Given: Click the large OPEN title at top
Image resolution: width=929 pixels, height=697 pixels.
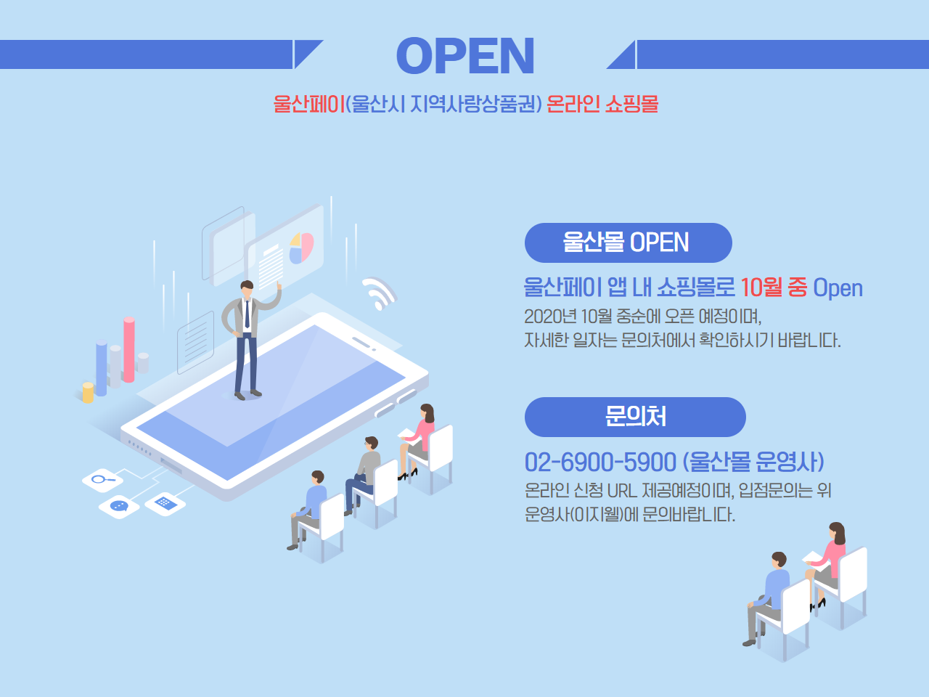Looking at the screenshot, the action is (x=465, y=55).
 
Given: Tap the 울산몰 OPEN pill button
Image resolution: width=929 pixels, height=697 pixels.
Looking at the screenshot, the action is (x=628, y=242).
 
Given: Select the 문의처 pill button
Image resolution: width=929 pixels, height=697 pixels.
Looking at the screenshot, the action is (x=635, y=417).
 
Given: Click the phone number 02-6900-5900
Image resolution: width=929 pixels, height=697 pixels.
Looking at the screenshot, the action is (x=600, y=462).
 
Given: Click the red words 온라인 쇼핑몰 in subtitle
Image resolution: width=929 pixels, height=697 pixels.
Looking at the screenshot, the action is (x=602, y=104).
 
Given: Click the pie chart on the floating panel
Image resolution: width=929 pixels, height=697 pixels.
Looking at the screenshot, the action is (x=301, y=248).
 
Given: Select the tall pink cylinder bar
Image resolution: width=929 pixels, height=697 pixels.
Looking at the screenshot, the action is (x=129, y=349).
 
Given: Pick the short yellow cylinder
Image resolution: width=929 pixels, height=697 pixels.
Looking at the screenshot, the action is (x=88, y=393).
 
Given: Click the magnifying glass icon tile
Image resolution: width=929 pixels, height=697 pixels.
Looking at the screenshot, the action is (x=103, y=480).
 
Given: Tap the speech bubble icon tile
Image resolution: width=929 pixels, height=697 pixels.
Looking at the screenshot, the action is (x=119, y=507).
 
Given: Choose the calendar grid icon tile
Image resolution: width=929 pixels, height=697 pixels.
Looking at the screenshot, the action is (x=165, y=504).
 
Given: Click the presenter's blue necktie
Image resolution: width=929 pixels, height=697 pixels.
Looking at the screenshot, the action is (x=247, y=314).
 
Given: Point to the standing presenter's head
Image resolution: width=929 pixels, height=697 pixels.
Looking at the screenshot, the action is (x=247, y=290).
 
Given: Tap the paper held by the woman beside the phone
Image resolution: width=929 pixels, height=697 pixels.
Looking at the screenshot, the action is (x=406, y=434).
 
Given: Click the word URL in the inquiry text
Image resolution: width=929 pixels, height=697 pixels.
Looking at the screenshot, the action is (x=622, y=491).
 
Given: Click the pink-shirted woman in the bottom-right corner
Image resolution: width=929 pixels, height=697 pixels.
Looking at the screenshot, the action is (x=827, y=563).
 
